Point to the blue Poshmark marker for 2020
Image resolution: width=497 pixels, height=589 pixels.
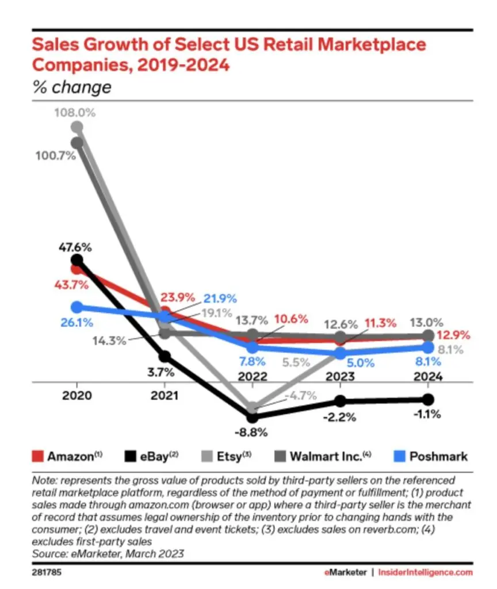click(x=77, y=308)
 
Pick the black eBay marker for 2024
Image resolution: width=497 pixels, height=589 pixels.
click(x=427, y=399)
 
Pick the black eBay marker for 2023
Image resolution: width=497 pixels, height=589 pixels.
click(x=340, y=401)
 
